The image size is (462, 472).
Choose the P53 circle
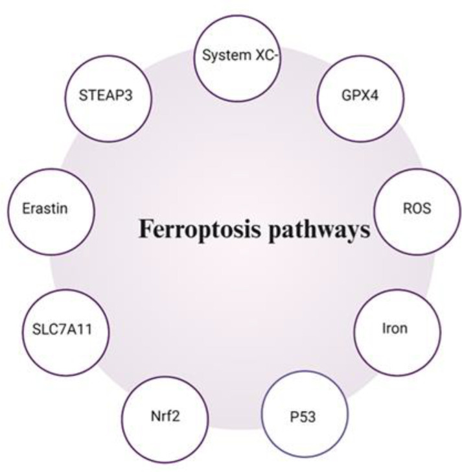[x=304, y=414]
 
